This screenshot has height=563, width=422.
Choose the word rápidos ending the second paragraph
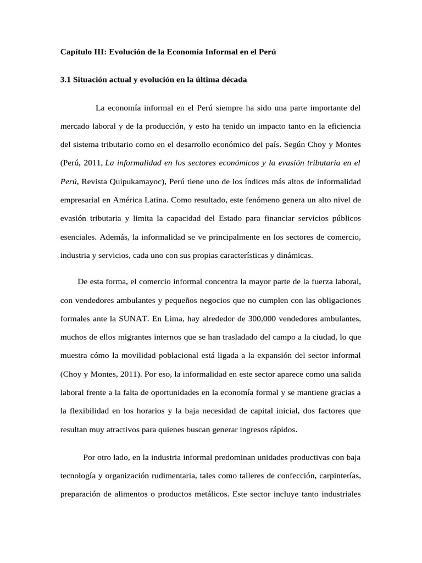tap(282, 429)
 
